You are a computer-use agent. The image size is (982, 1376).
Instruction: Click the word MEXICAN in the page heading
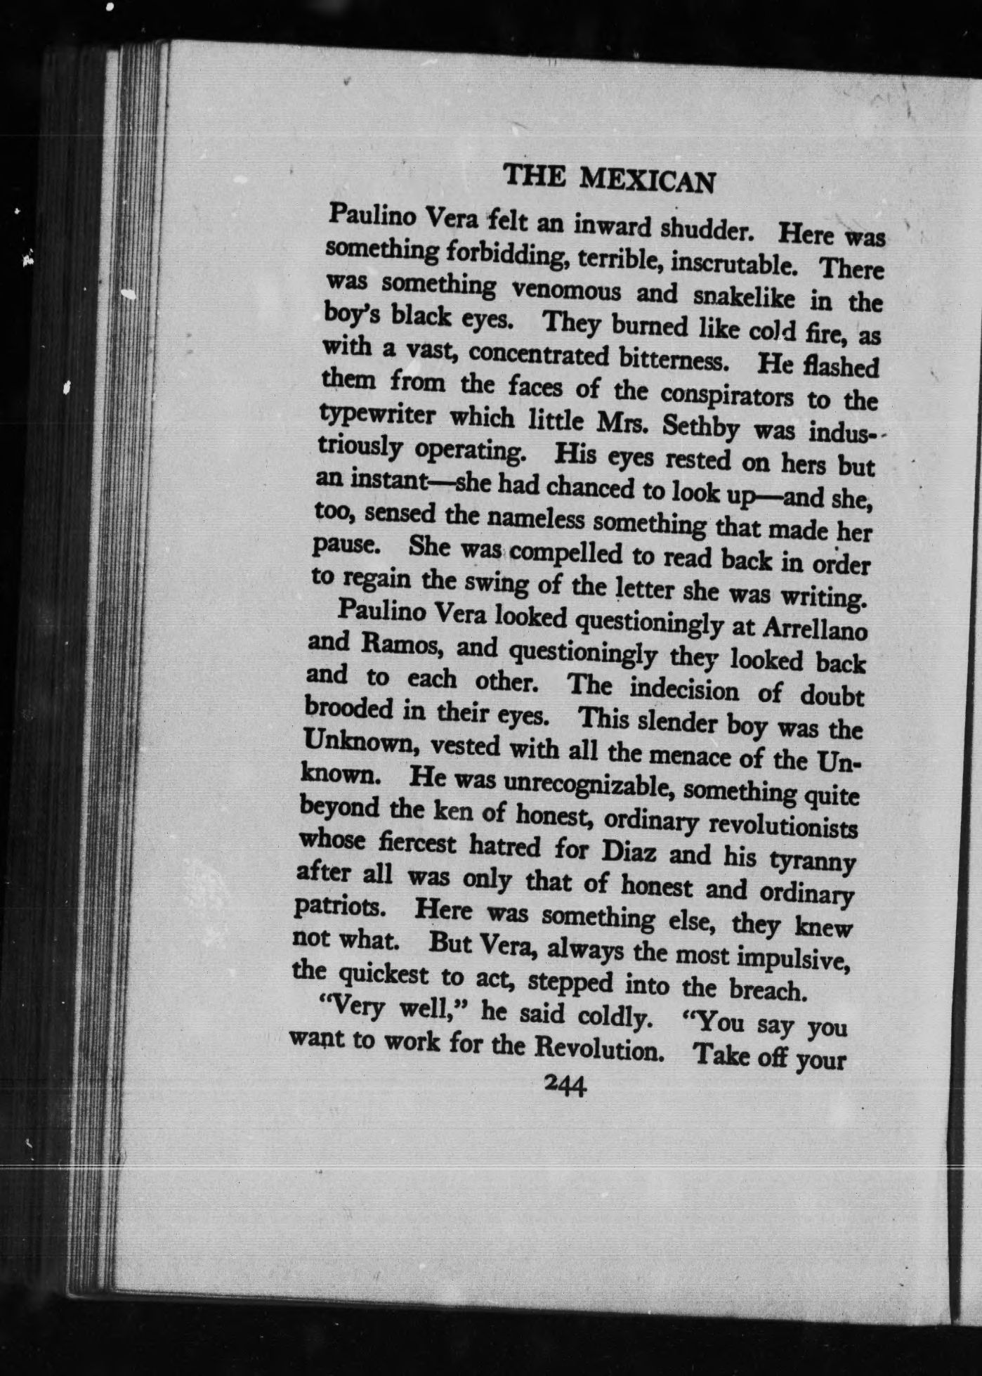pos(647,182)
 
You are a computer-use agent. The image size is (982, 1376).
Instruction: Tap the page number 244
pos(565,1086)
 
